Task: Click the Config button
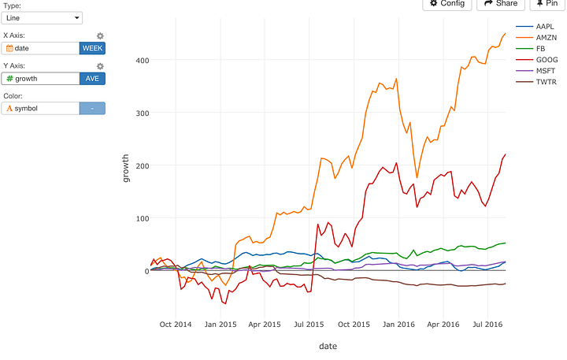447,4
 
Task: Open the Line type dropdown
42,17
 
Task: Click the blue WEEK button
92,48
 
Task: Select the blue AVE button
92,78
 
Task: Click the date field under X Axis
40,48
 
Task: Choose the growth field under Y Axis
40,78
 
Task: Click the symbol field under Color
40,108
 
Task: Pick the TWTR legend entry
546,81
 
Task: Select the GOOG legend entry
546,59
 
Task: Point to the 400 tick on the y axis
142,60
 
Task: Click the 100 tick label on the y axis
142,218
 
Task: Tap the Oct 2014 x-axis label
176,325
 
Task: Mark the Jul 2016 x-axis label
488,325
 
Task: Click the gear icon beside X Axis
100,36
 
